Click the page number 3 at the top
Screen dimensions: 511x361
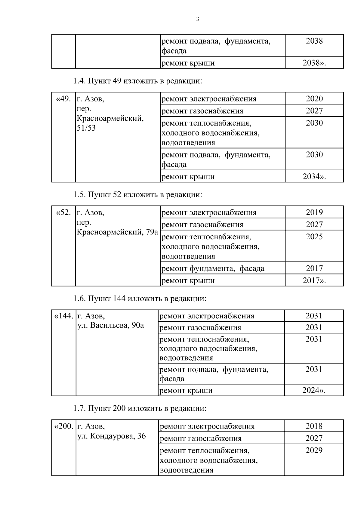pos(198,19)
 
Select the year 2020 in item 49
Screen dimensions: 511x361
pos(314,99)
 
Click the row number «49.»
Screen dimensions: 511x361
pos(63,99)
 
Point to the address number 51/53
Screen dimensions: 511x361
pos(86,128)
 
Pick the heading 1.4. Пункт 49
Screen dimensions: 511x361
pos(137,81)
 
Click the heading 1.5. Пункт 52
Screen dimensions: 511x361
pos(137,195)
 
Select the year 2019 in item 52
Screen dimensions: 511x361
pos(314,212)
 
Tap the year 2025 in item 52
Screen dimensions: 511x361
pos(314,237)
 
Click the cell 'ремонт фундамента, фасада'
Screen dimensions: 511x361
pos(213,268)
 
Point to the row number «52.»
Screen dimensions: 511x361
pos(63,212)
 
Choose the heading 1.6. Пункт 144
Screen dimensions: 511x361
pos(140,299)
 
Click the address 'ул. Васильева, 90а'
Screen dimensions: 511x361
pos(111,325)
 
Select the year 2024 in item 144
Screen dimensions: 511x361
pos(313,390)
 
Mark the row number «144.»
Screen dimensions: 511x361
pos(63,316)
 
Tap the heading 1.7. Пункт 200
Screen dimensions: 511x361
pos(140,408)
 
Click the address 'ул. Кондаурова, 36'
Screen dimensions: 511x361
pos(112,436)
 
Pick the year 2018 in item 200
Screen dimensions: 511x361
pos(314,426)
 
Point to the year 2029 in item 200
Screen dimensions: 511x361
pos(314,451)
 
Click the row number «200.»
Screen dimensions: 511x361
pos(63,426)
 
